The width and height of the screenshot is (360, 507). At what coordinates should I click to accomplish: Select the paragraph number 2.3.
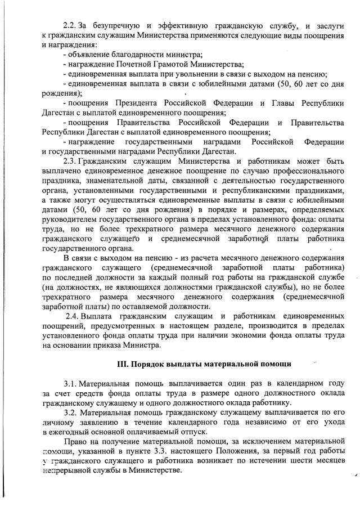pyautogui.click(x=70, y=159)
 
